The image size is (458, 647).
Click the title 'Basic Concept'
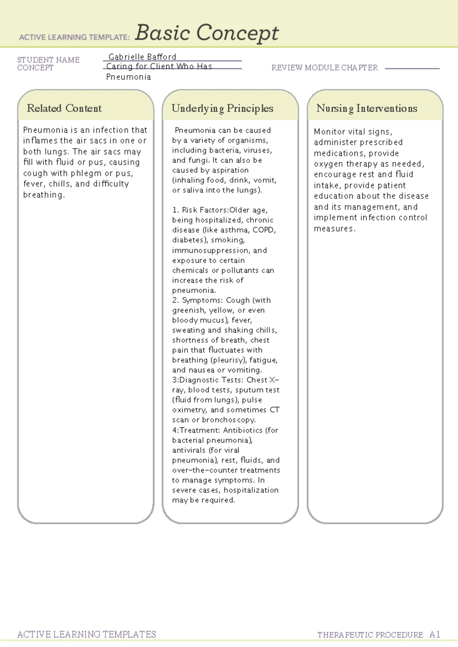pos(206,33)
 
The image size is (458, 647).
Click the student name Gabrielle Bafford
pos(142,57)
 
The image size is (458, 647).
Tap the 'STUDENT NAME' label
pos(48,60)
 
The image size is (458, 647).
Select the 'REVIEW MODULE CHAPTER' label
pos(324,68)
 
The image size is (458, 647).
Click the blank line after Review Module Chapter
pos(412,68)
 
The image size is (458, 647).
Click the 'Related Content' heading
pos(64,108)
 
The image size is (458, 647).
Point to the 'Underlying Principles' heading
pos(222,108)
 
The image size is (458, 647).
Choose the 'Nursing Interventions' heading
pos(366,108)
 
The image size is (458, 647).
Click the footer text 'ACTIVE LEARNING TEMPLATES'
pos(87,634)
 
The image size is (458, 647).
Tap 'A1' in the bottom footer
pos(435,634)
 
